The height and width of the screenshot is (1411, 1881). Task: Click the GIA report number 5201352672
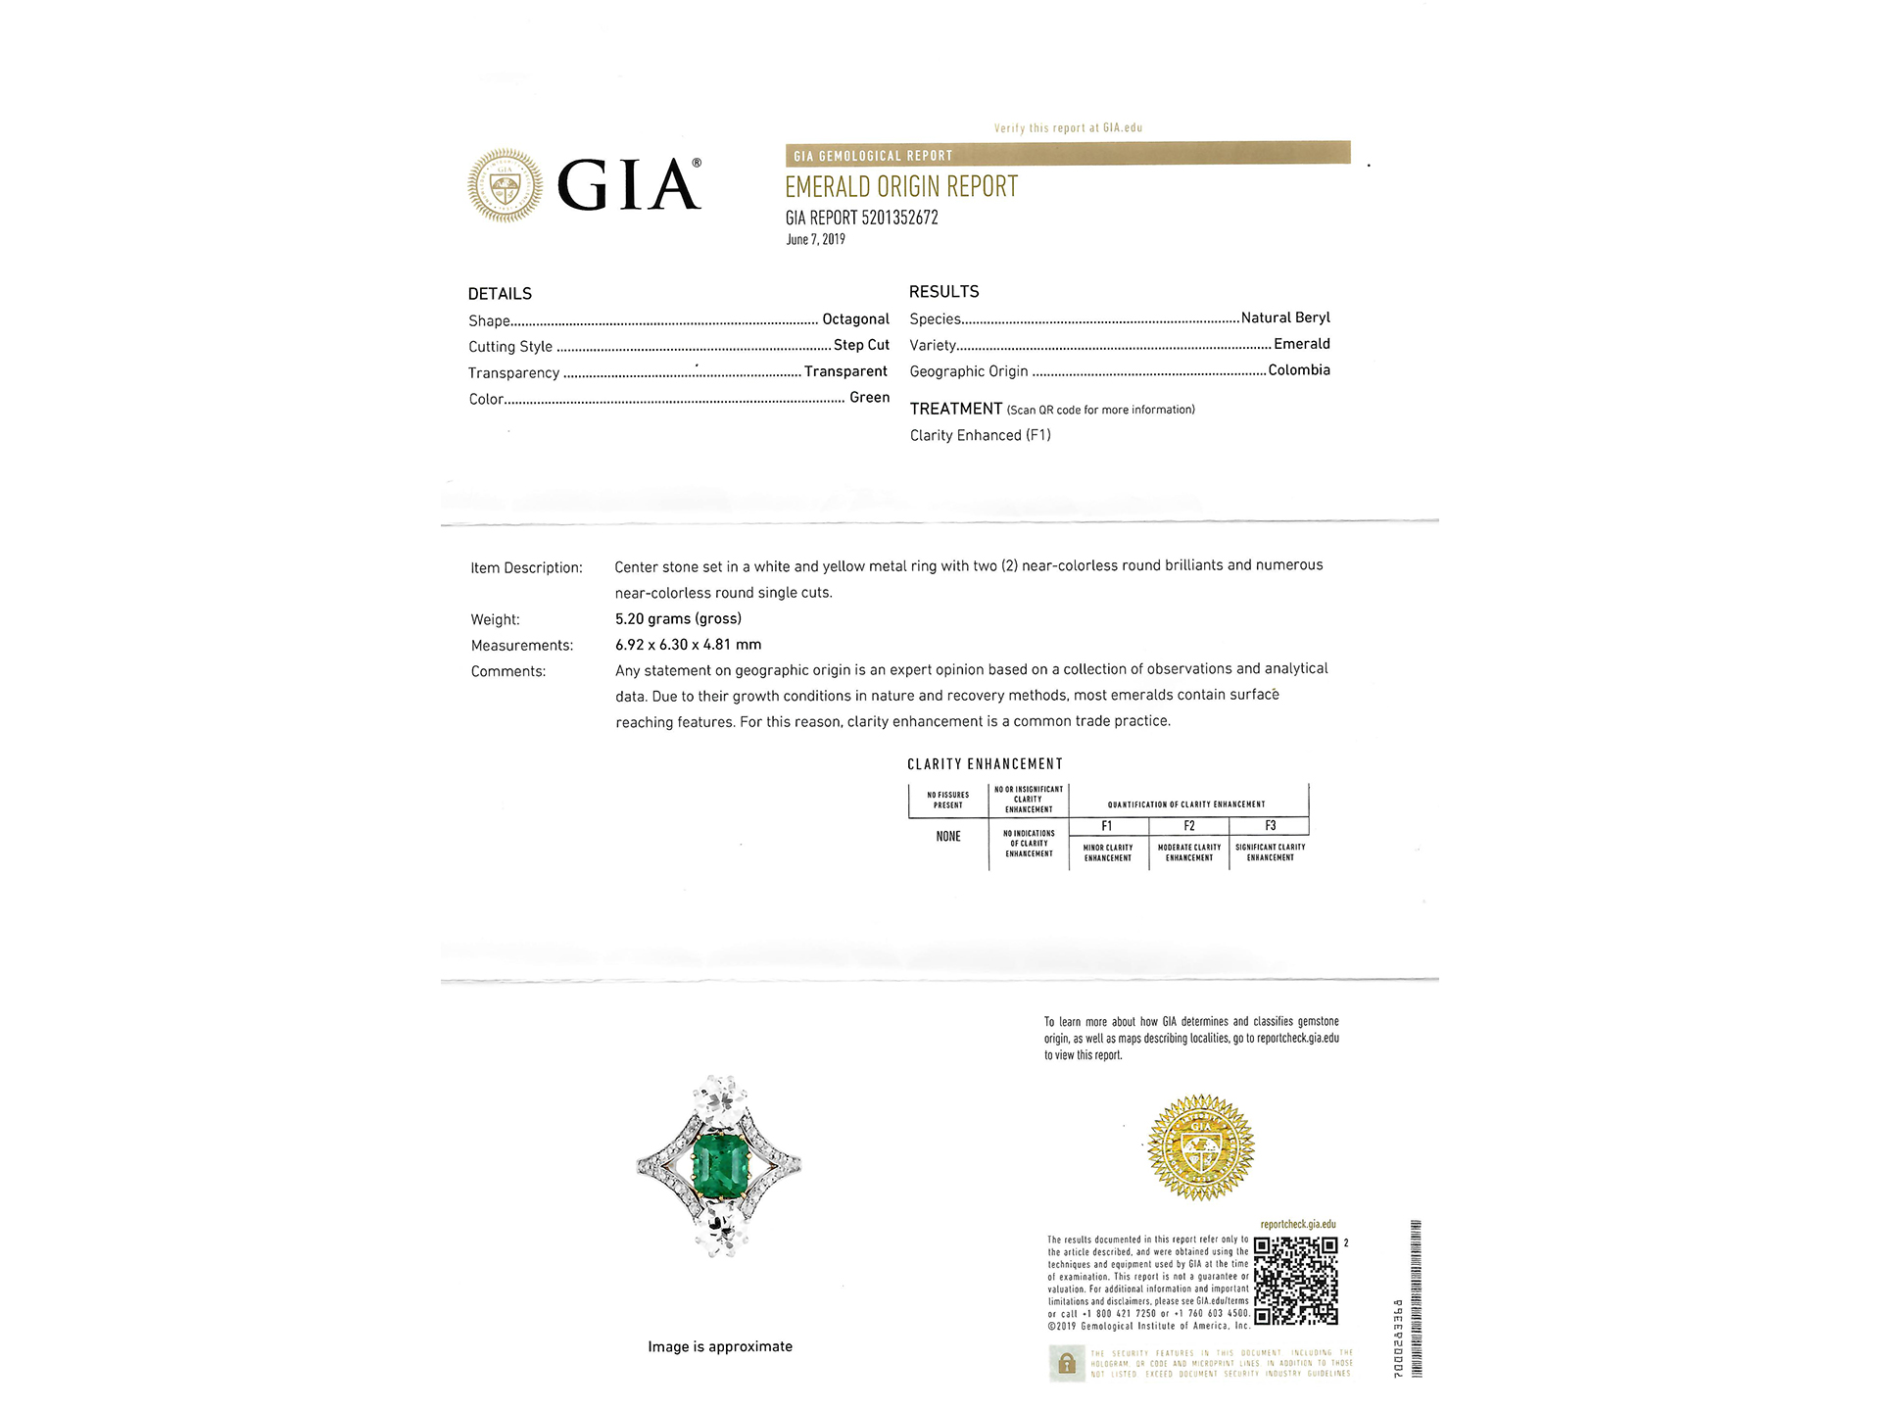click(x=861, y=218)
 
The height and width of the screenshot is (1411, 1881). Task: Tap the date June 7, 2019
click(x=815, y=240)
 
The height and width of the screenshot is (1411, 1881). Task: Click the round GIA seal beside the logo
click(x=505, y=185)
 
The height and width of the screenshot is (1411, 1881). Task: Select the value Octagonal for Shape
click(x=855, y=319)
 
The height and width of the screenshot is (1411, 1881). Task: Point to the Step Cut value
click(x=861, y=345)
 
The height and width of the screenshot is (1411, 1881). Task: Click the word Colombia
click(x=1298, y=370)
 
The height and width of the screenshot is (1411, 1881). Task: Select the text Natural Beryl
click(x=1284, y=317)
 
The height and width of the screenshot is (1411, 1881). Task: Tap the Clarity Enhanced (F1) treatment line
click(x=980, y=435)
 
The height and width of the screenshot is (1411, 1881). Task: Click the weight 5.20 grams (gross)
click(x=678, y=618)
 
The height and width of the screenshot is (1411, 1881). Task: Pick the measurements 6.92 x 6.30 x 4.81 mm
click(x=688, y=645)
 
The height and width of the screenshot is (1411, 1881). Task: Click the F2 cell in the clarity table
click(x=1188, y=826)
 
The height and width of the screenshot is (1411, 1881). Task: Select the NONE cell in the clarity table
click(x=947, y=837)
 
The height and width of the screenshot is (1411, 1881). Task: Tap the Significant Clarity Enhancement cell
click(x=1270, y=851)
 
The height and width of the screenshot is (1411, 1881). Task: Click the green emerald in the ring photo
click(x=720, y=1164)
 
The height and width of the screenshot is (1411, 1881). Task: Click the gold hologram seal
click(x=1200, y=1147)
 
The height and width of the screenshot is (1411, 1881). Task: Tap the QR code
click(x=1295, y=1280)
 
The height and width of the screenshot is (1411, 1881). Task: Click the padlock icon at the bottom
click(x=1067, y=1363)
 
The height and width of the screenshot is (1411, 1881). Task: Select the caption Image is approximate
click(x=719, y=1346)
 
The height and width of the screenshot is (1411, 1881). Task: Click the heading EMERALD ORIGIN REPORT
click(x=900, y=187)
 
